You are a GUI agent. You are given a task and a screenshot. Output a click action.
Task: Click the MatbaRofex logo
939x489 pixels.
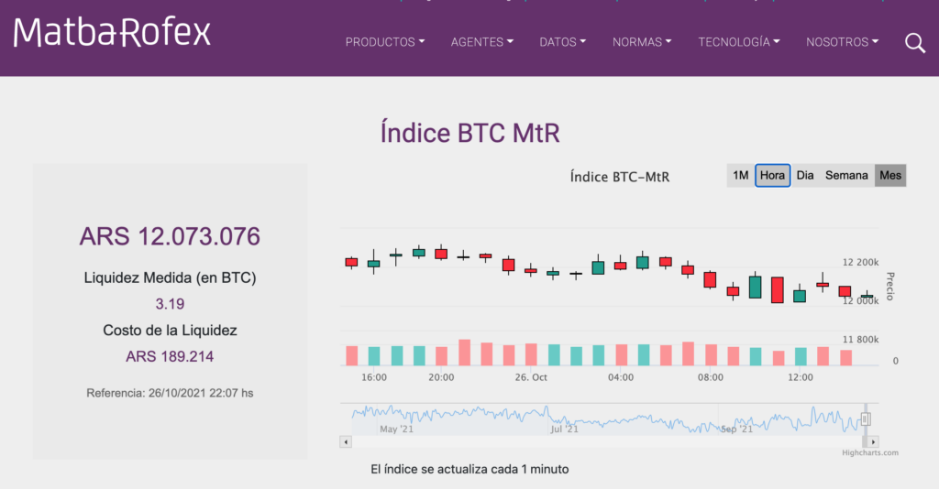[x=112, y=33]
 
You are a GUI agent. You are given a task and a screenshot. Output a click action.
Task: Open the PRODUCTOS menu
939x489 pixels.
[x=384, y=42]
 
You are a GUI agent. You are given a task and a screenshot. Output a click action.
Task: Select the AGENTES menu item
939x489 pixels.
[x=481, y=42]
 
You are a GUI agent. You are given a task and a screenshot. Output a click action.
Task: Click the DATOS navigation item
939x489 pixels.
[x=563, y=42]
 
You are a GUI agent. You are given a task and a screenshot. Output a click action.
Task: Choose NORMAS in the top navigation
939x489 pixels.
[x=642, y=42]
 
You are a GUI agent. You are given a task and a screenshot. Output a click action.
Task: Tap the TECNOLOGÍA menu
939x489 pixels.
[x=739, y=42]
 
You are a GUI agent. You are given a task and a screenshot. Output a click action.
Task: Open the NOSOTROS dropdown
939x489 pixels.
[x=842, y=42]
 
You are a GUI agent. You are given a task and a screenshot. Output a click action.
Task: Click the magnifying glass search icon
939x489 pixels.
[x=915, y=42]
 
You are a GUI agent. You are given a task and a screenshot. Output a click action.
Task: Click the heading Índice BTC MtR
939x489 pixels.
[x=469, y=133]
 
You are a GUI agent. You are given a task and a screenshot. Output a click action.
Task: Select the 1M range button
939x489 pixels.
[x=740, y=175]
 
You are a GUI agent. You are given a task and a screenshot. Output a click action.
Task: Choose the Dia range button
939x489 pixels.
[x=805, y=175]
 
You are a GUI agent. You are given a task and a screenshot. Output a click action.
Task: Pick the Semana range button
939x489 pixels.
[x=846, y=175]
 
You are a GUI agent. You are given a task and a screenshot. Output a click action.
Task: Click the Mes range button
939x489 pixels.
[x=889, y=175]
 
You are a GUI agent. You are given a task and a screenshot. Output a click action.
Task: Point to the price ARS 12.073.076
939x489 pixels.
[x=170, y=236]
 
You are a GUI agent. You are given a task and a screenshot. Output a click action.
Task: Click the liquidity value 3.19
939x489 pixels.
[x=170, y=303]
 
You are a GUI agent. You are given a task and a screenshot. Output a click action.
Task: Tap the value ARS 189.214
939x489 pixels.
[x=170, y=356]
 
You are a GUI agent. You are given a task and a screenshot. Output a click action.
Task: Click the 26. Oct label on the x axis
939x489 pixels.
[x=531, y=377]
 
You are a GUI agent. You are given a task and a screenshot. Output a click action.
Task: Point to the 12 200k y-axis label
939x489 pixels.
[x=860, y=263]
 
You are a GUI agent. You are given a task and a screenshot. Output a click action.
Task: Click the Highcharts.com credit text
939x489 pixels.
[x=870, y=452]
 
